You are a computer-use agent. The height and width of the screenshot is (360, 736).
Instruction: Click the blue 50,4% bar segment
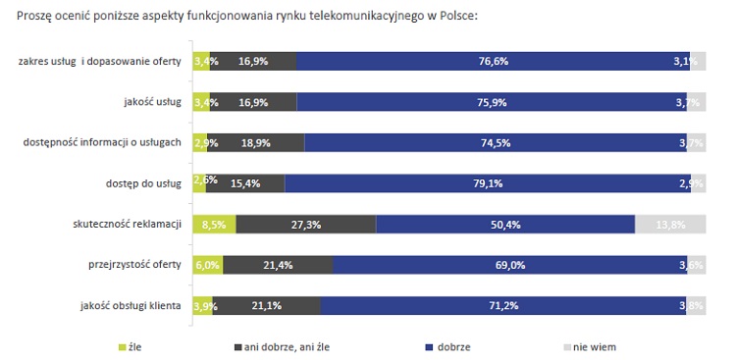click(x=505, y=224)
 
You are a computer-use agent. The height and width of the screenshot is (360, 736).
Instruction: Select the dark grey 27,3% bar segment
click(x=306, y=224)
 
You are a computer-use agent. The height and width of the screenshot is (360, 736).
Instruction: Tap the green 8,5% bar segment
click(x=215, y=224)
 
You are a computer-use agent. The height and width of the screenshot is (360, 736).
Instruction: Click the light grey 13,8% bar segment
click(x=670, y=224)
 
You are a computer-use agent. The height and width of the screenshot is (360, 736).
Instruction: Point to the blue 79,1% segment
click(x=488, y=183)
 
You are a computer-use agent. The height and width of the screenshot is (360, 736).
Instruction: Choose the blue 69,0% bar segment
click(x=510, y=265)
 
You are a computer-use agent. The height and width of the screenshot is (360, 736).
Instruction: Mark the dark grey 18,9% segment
click(x=258, y=142)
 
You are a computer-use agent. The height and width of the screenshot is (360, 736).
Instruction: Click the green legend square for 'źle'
click(x=123, y=346)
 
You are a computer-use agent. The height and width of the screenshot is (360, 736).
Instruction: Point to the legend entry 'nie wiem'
click(x=594, y=346)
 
